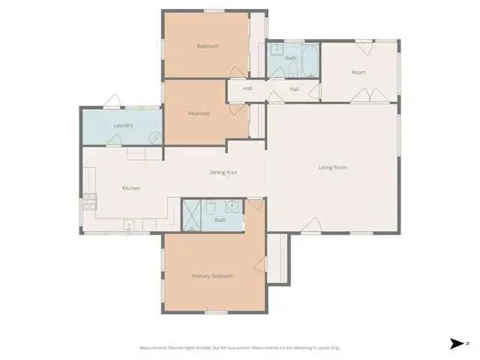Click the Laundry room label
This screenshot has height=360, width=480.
pyautogui.click(x=123, y=125)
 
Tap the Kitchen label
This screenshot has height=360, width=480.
pyautogui.click(x=131, y=188)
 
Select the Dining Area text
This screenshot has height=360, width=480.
pyautogui.click(x=223, y=172)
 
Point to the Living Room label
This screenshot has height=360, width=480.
pyautogui.click(x=333, y=167)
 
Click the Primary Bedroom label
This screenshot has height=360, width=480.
pyautogui.click(x=212, y=276)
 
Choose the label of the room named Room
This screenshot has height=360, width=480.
pyautogui.click(x=358, y=72)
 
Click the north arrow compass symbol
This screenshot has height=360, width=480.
pyautogui.click(x=457, y=343)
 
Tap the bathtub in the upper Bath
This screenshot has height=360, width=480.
pyautogui.click(x=310, y=61)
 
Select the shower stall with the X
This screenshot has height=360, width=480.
pyautogui.click(x=192, y=215)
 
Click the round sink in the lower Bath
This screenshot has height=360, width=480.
pyautogui.click(x=232, y=206)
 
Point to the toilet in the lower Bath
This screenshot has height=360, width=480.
pyautogui.click(x=211, y=207)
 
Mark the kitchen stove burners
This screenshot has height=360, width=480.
pyautogui.click(x=90, y=202)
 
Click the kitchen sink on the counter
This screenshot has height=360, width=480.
pyautogui.click(x=129, y=225)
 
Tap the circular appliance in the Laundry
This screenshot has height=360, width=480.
pyautogui.click(x=155, y=137)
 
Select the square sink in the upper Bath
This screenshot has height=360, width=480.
pyautogui.click(x=277, y=48)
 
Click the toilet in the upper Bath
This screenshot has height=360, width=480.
pyautogui.click(x=293, y=70)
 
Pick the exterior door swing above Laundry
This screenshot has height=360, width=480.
pyautogui.click(x=112, y=101)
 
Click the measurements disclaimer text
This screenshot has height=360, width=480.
pyautogui.click(x=240, y=348)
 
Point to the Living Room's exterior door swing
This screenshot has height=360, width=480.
pyautogui.click(x=311, y=225)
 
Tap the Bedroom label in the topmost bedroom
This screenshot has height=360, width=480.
pyautogui.click(x=208, y=46)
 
